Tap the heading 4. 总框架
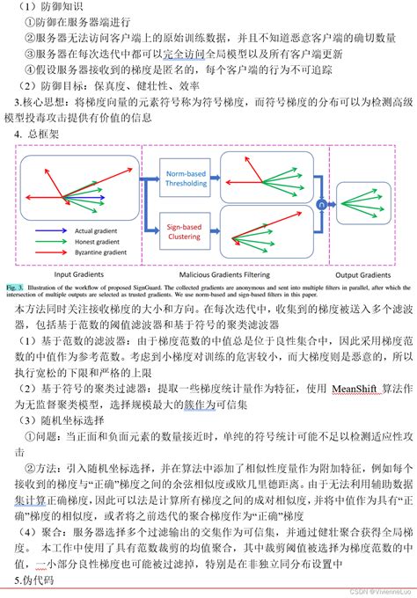30,135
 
